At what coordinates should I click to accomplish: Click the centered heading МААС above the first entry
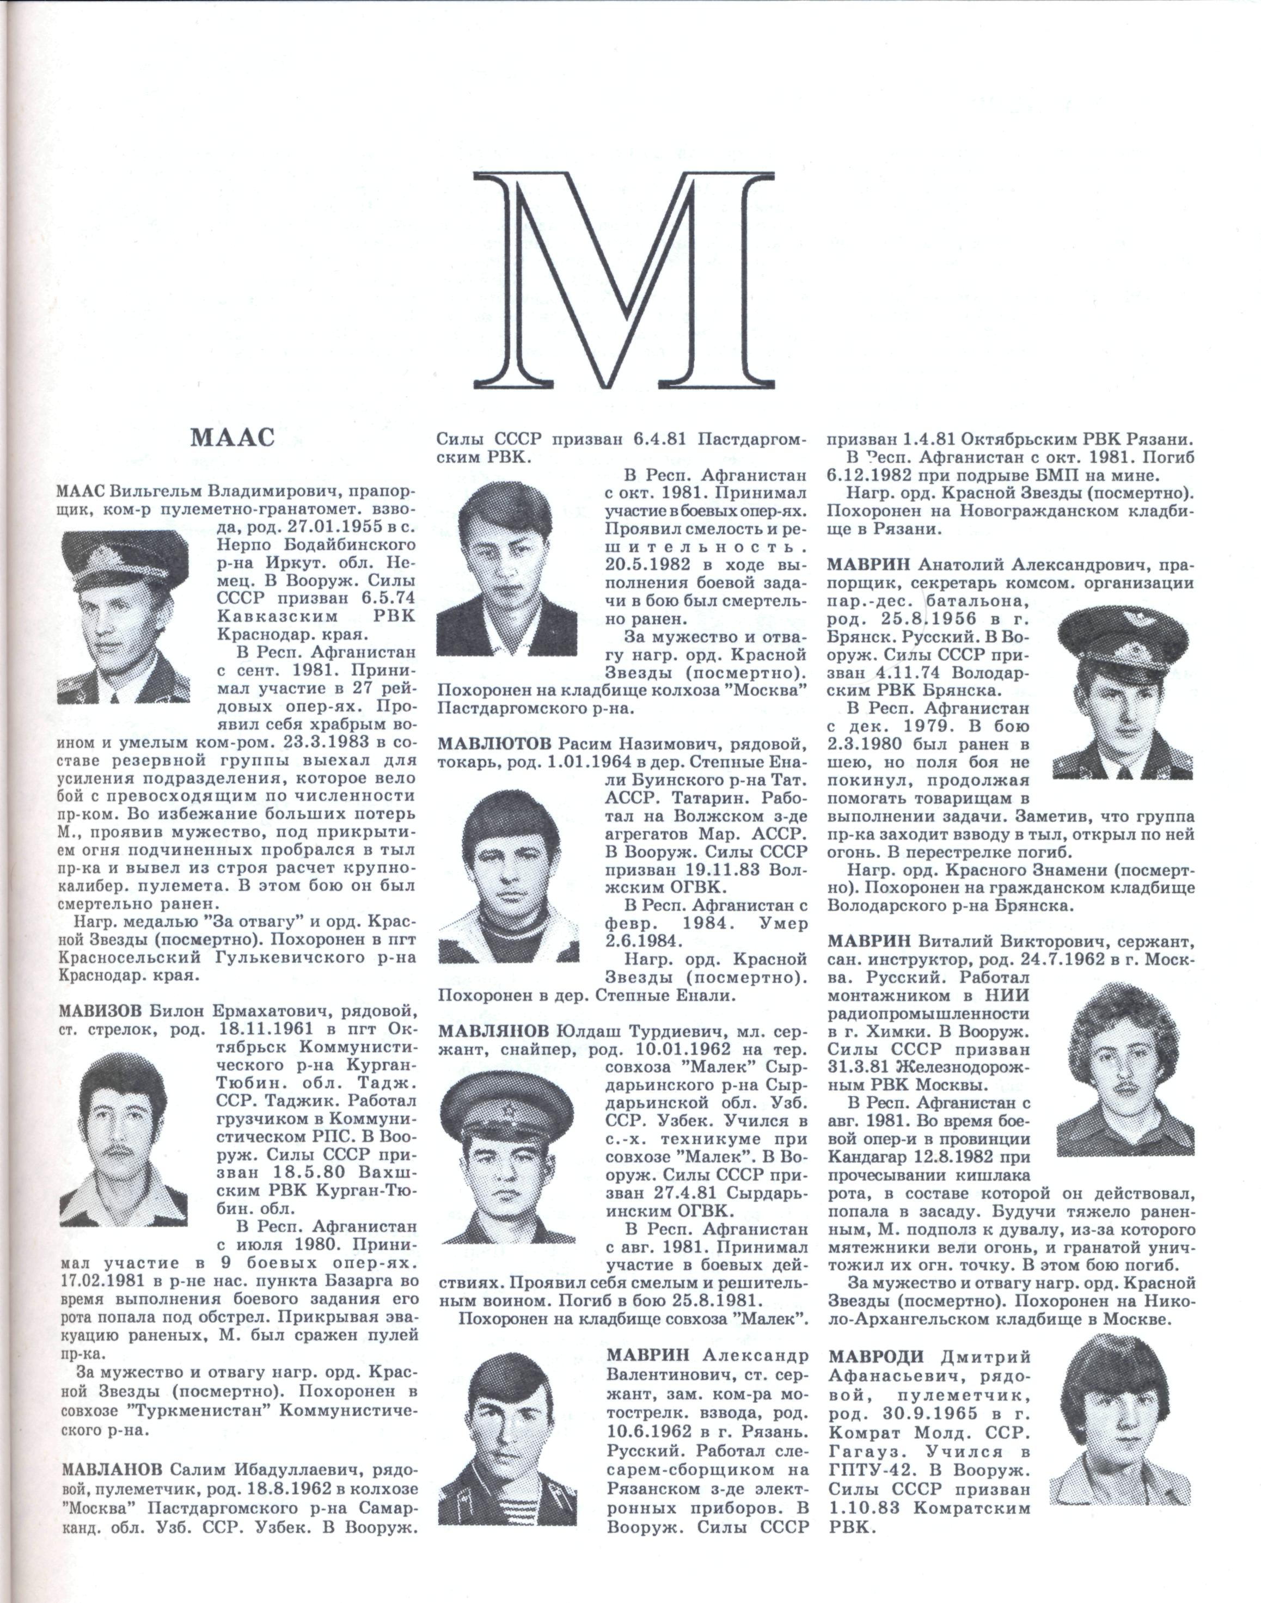[232, 438]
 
